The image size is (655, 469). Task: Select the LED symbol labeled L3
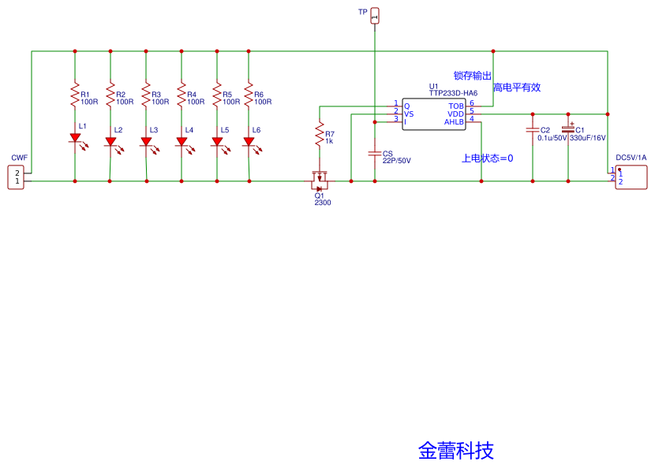pyautogui.click(x=146, y=142)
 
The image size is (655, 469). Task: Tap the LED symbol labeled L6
pyautogui.click(x=249, y=142)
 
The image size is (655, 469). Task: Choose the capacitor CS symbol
pyautogui.click(x=375, y=153)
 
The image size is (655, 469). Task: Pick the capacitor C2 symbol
pyautogui.click(x=533, y=130)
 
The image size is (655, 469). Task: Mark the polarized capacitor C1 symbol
pyautogui.click(x=567, y=130)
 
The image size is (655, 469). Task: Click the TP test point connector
pyautogui.click(x=375, y=14)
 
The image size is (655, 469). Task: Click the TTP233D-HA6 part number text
pyautogui.click(x=453, y=93)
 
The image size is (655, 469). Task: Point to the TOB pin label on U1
pyautogui.click(x=456, y=106)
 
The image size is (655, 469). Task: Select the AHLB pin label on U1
pyautogui.click(x=454, y=121)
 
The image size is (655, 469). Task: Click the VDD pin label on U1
pyautogui.click(x=456, y=114)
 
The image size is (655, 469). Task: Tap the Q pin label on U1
pyautogui.click(x=407, y=106)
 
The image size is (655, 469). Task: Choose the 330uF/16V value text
pyautogui.click(x=587, y=138)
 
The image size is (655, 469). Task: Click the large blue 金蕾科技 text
pyautogui.click(x=456, y=451)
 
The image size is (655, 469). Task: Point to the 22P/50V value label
pyautogui.click(x=396, y=161)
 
